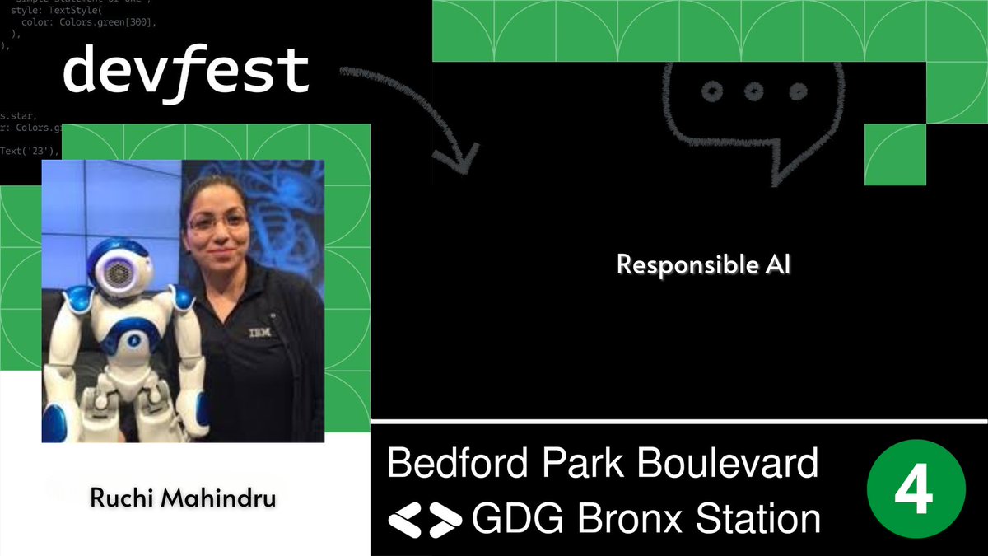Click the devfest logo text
186,72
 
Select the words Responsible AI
703,265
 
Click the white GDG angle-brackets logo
425,519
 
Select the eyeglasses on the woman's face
217,221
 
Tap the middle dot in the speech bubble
753,91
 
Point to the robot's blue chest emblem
133,337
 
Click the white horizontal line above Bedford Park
679,423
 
